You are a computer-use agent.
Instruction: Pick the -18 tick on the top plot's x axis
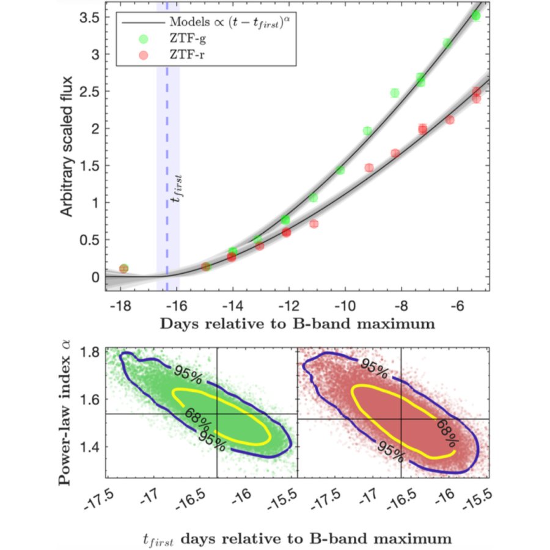[x=120, y=305]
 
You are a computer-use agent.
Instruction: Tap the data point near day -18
[x=123, y=268]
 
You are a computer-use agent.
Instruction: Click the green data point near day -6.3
[x=447, y=43]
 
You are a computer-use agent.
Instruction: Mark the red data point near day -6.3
[x=450, y=120]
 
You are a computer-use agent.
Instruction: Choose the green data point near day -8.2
[x=395, y=93]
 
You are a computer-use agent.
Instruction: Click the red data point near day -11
[x=314, y=224]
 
